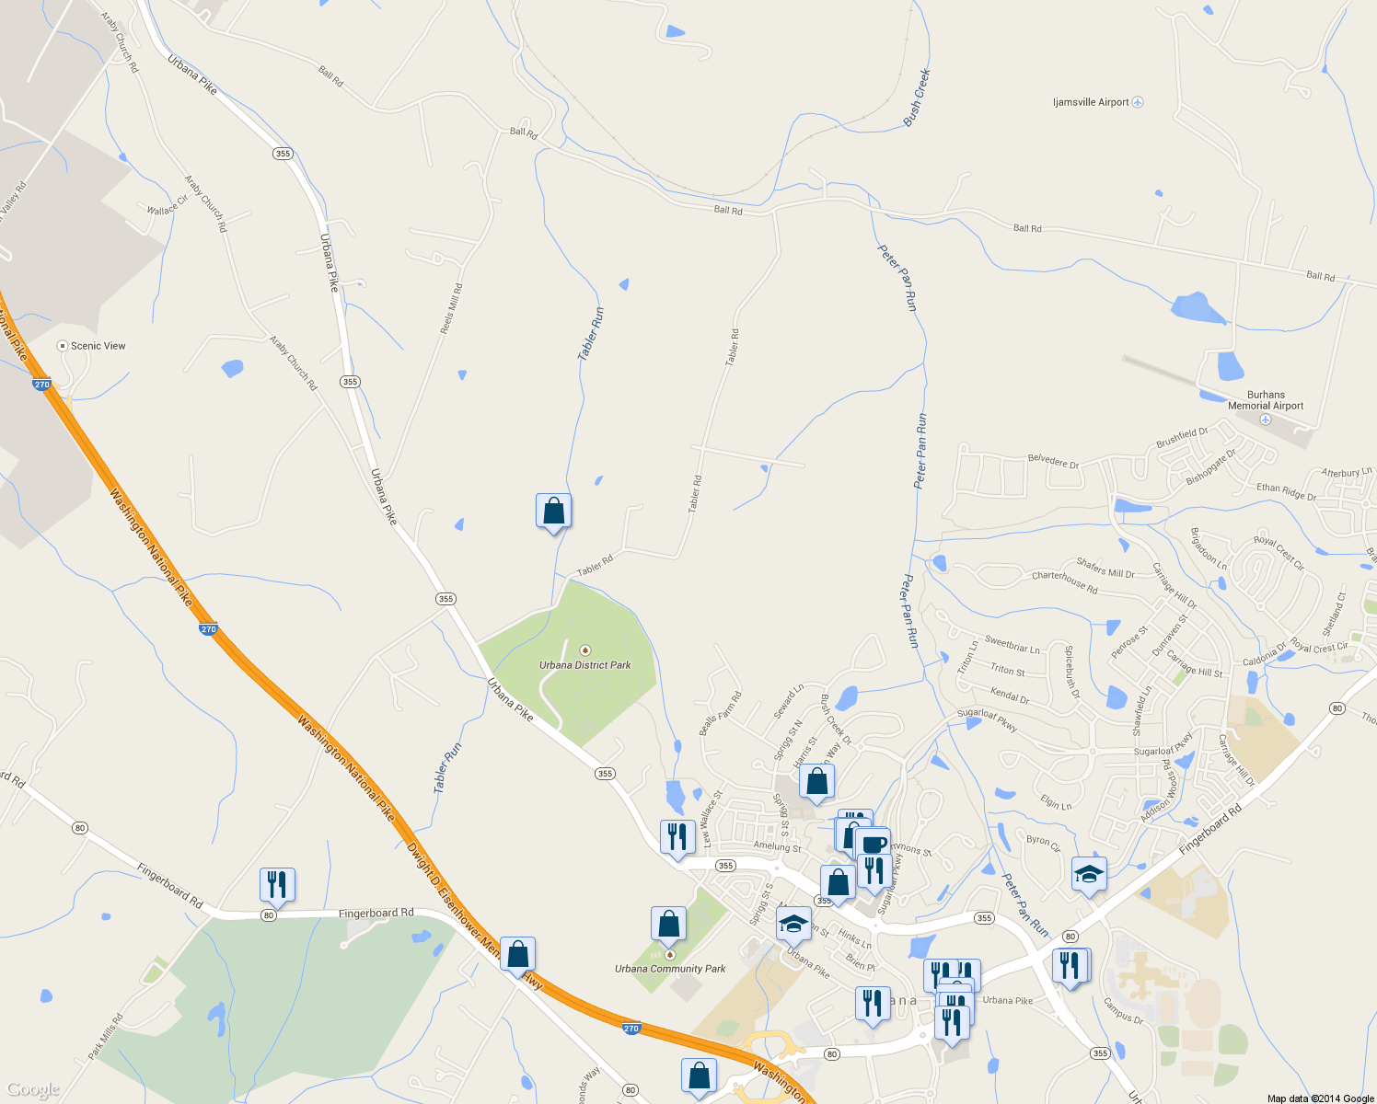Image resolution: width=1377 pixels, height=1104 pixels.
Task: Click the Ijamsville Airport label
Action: (1091, 102)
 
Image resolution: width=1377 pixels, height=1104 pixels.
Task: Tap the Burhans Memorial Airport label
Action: (1266, 400)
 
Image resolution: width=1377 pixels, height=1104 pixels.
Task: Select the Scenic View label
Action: (98, 346)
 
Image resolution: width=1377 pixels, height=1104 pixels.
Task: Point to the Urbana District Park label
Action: (585, 664)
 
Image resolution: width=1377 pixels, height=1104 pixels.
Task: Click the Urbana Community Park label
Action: (670, 969)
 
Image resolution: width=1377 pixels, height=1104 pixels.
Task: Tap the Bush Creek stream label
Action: (917, 98)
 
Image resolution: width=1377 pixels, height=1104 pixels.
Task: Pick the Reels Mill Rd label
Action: (451, 309)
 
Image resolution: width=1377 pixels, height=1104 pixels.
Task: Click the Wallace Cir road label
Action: (167, 205)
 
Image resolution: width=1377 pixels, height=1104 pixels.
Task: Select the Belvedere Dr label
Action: (1053, 461)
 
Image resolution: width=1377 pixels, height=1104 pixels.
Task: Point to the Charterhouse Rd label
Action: (1064, 581)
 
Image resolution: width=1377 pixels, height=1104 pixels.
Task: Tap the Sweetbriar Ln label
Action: (1012, 644)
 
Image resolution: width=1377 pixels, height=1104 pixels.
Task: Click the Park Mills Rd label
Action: (105, 1037)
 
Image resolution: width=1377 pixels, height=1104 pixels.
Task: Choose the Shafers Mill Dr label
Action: (1105, 568)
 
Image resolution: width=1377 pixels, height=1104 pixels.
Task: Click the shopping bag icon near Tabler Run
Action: (553, 511)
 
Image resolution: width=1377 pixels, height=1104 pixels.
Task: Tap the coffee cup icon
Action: (873, 844)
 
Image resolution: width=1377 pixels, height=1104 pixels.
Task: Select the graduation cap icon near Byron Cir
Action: (1089, 873)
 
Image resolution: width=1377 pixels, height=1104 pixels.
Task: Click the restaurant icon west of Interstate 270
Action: (277, 884)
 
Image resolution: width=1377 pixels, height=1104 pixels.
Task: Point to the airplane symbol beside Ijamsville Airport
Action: (1138, 102)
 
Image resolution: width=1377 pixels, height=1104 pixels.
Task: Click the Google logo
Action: (32, 1090)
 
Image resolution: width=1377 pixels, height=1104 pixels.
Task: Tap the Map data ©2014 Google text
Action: (1320, 1098)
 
